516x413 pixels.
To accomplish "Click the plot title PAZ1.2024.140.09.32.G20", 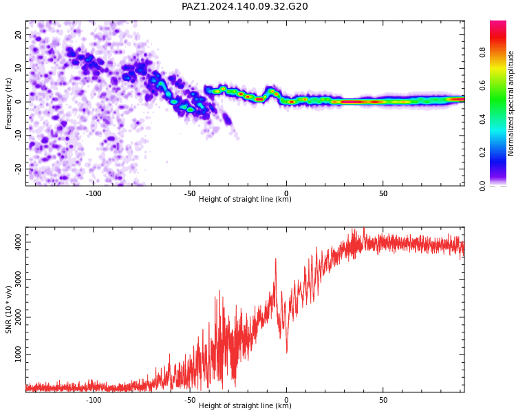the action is [x=244, y=6].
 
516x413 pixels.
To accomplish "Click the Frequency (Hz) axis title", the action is [x=8, y=103].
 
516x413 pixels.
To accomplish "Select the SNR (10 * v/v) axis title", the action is [x=8, y=310].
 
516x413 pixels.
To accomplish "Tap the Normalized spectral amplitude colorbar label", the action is [x=510, y=103].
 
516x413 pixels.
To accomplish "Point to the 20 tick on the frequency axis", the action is [x=18, y=34].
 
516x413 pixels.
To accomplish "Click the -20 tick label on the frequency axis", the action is [x=18, y=169].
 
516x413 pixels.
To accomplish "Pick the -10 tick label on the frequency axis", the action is [x=18, y=136].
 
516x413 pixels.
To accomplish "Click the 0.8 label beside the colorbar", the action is [x=482, y=52].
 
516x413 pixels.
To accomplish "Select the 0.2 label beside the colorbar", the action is [x=482, y=152].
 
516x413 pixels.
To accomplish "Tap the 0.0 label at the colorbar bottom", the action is [x=482, y=186].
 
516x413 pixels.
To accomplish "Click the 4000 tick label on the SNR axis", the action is [x=18, y=242].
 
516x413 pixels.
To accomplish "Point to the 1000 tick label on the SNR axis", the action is [x=18, y=354].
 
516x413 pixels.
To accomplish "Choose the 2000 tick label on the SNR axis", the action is [x=18, y=317].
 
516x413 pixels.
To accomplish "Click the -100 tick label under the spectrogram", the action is [x=94, y=193].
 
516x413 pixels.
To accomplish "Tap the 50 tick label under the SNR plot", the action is [x=383, y=400].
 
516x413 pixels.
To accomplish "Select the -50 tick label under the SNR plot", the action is [x=190, y=400].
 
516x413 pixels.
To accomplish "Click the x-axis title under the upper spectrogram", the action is [x=245, y=199].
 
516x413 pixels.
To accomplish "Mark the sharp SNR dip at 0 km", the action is [x=287, y=352].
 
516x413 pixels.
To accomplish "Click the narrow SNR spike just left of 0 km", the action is [x=275, y=260].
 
